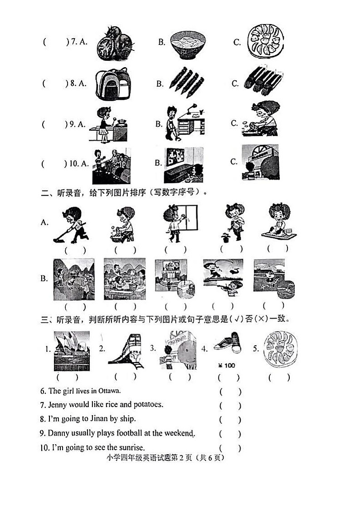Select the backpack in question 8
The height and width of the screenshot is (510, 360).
(113, 84)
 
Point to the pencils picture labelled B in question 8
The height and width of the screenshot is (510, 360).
(186, 82)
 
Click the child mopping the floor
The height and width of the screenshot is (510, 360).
(70, 224)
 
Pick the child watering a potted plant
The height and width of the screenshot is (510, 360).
(233, 222)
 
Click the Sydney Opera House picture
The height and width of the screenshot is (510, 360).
(72, 350)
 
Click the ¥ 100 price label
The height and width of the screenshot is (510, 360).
(227, 365)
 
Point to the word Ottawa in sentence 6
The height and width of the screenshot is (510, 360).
(110, 391)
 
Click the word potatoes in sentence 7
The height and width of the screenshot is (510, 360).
(147, 404)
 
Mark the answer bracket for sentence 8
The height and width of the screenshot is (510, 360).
(230, 419)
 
